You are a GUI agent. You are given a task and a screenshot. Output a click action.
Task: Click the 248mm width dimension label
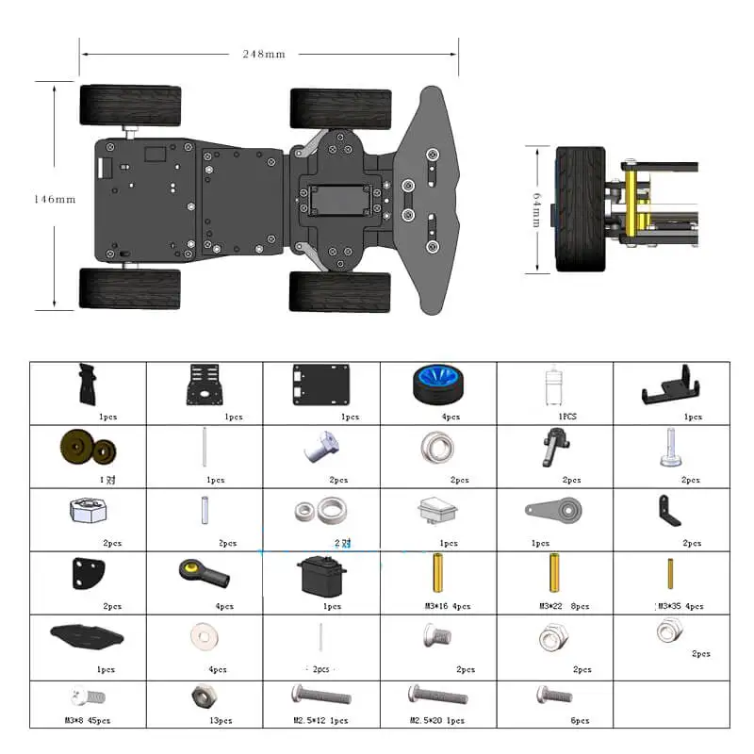coord(263,54)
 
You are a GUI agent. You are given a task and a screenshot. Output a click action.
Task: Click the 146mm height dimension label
coord(54,199)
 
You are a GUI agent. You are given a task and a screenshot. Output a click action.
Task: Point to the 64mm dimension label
coord(536,209)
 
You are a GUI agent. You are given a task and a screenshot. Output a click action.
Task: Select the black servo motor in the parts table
coord(321,575)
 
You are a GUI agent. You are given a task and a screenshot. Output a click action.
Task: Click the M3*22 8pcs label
coord(564,606)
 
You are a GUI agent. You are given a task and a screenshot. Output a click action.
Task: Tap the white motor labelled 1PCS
coord(554,385)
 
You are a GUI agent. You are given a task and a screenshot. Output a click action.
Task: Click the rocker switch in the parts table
coord(436,511)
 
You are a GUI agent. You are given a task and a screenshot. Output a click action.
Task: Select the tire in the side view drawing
coord(577,209)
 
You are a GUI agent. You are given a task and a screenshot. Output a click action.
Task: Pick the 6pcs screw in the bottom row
coord(554,697)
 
